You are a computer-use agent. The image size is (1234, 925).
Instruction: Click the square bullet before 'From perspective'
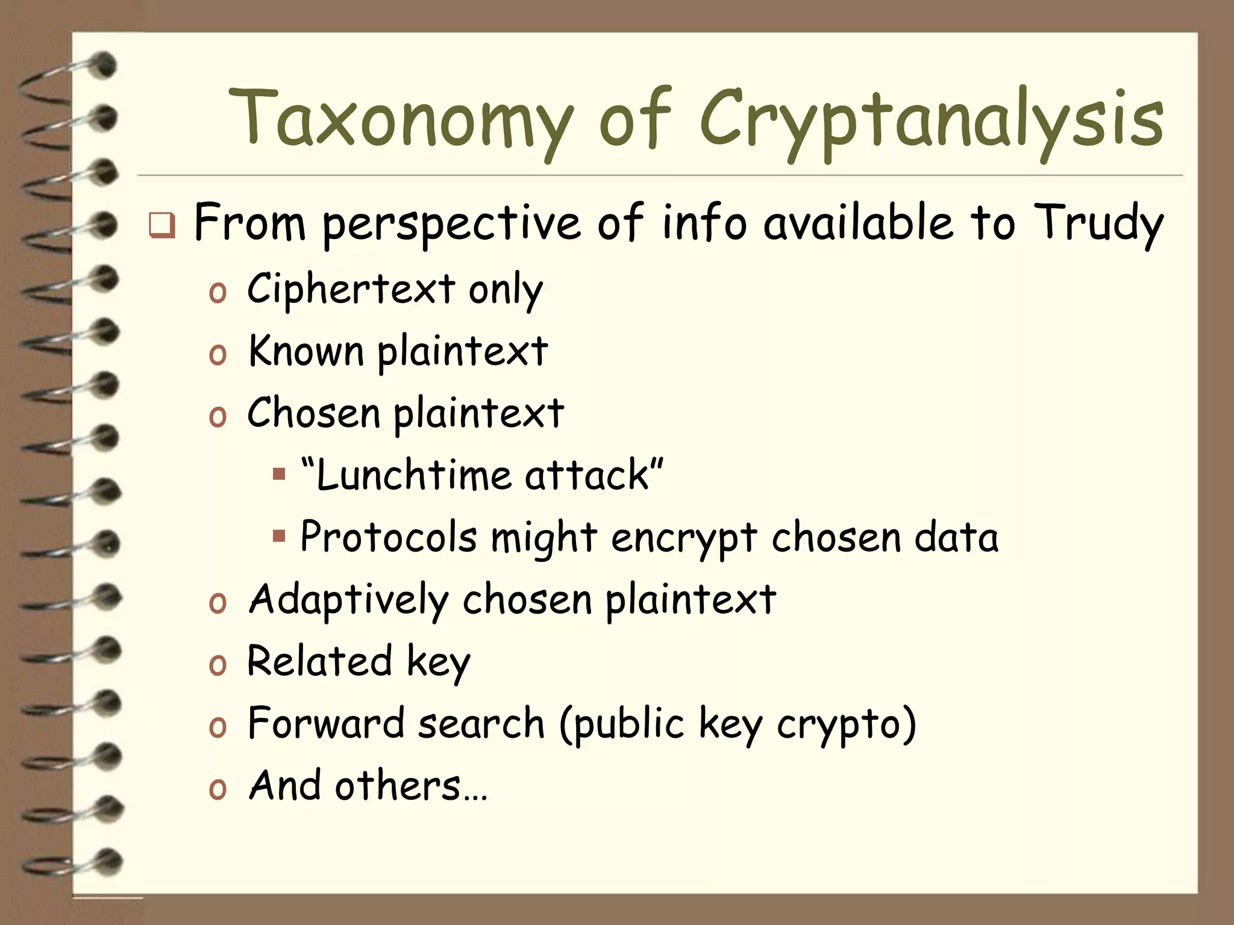162,225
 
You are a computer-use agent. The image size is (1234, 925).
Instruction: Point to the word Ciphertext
351,289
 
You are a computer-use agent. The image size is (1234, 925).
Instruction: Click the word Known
306,351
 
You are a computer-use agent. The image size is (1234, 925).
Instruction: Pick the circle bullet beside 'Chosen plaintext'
218,416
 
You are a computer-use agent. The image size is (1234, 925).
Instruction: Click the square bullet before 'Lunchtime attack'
278,474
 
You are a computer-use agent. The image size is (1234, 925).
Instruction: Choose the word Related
320,661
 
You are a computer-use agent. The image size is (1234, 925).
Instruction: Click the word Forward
325,723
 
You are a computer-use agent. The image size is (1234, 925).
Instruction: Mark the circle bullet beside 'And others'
218,789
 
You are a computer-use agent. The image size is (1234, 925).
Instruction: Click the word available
858,223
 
